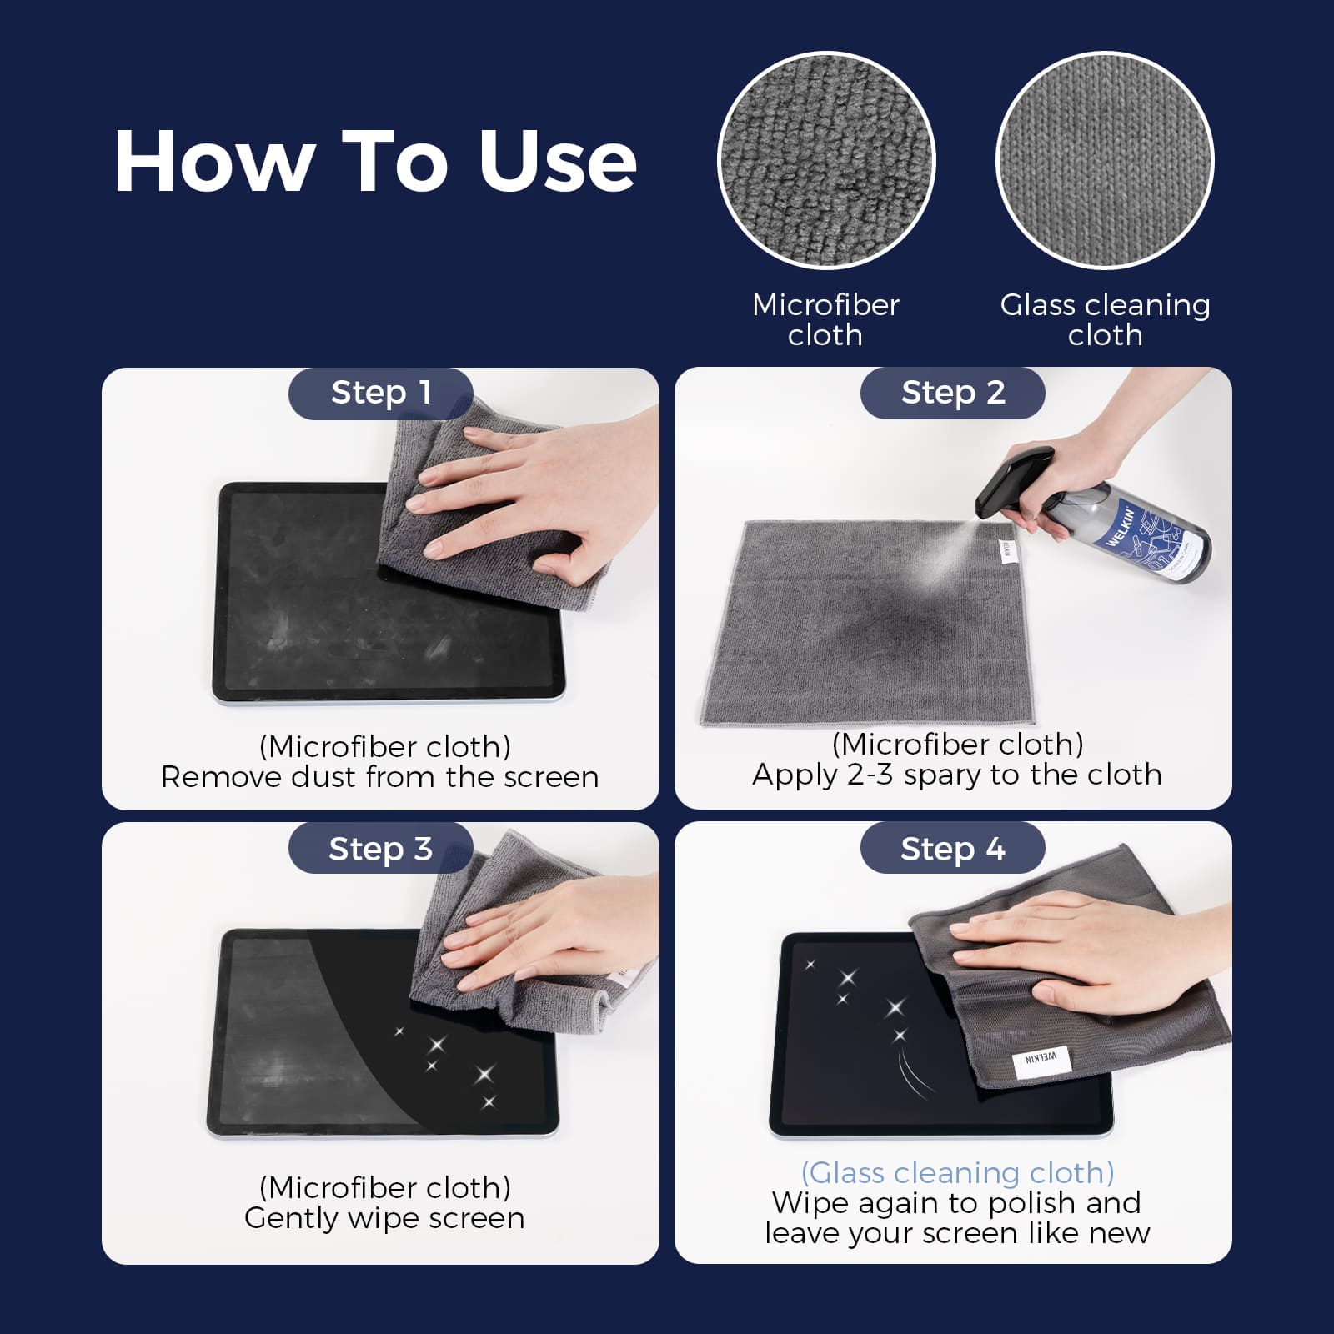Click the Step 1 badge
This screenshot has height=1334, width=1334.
(x=380, y=393)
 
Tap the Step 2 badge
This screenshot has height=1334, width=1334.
(x=952, y=393)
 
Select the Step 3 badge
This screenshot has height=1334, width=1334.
(x=380, y=849)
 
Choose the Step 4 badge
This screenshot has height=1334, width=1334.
(x=952, y=849)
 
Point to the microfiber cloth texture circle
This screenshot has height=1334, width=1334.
(x=825, y=160)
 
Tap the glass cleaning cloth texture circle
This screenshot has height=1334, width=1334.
(x=1105, y=160)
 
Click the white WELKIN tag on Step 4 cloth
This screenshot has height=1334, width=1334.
(x=1040, y=1059)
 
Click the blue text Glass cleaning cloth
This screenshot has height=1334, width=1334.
(x=957, y=1173)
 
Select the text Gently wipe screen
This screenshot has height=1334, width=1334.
(x=384, y=1218)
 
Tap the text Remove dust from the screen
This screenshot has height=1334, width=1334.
(x=380, y=777)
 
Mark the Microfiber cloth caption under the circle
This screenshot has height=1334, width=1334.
(x=825, y=320)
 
